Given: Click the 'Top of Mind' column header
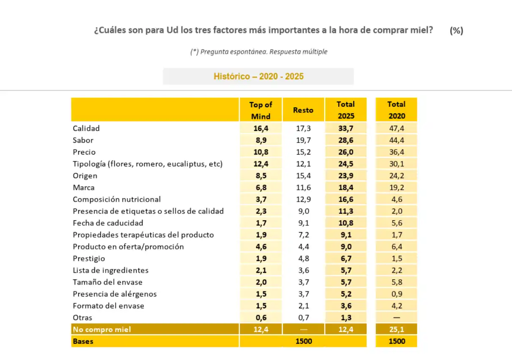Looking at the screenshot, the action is point(261,111).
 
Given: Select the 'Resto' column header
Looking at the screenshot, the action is point(303,110).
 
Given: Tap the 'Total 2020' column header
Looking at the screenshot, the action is point(396,110).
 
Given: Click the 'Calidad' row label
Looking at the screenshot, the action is point(86,128).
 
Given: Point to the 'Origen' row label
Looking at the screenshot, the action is point(85,176).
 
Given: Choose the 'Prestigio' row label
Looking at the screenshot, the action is point(89,258).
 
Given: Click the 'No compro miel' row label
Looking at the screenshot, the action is point(102,330).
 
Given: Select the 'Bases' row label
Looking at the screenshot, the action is point(83,341).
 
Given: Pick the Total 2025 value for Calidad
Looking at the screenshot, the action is point(346,128).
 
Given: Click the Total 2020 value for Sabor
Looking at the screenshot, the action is point(396,140).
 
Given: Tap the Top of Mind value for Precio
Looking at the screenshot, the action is point(261,152).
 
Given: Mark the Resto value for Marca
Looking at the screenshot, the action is point(303,188).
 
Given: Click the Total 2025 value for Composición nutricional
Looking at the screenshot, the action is point(346,199).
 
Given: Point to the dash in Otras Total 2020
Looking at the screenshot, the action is point(396,318).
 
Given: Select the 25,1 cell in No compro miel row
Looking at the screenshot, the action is point(396,330).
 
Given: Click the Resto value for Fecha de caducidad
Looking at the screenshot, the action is point(303,223).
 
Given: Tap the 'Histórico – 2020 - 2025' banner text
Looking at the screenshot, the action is point(259,76).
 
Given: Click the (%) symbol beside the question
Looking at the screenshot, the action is point(457,30).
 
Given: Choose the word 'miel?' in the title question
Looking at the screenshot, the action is point(421,30).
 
